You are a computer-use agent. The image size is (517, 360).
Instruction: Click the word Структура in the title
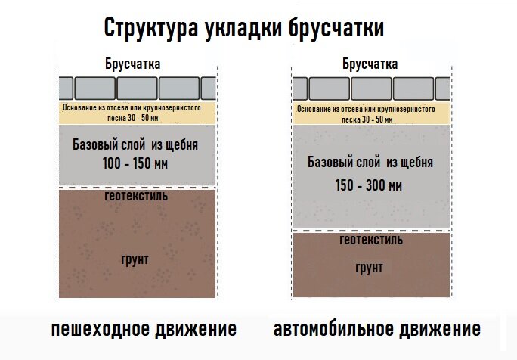(x=151, y=28)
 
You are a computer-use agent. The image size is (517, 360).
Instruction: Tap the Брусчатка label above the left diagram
(x=133, y=64)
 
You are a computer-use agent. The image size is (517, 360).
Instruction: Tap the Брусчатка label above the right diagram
(x=370, y=64)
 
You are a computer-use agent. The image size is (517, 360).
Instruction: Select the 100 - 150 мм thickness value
(x=135, y=163)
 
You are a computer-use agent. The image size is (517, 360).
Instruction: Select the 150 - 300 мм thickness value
(x=369, y=185)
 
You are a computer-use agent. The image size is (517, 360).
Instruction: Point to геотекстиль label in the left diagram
(x=136, y=196)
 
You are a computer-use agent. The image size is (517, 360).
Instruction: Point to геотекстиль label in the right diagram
(x=371, y=240)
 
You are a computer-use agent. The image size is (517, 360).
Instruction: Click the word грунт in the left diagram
(x=135, y=259)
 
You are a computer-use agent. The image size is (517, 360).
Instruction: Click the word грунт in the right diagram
(x=370, y=268)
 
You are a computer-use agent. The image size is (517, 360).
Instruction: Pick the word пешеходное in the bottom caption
(x=101, y=329)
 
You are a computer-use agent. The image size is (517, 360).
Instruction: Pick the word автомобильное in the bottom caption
(x=333, y=329)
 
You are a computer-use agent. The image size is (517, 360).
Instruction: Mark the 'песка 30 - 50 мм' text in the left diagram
(x=133, y=118)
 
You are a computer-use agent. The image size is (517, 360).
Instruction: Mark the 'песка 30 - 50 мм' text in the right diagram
(x=367, y=119)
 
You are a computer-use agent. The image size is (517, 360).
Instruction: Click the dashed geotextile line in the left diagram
(x=137, y=188)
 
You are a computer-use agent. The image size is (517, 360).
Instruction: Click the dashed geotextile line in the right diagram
(x=371, y=231)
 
